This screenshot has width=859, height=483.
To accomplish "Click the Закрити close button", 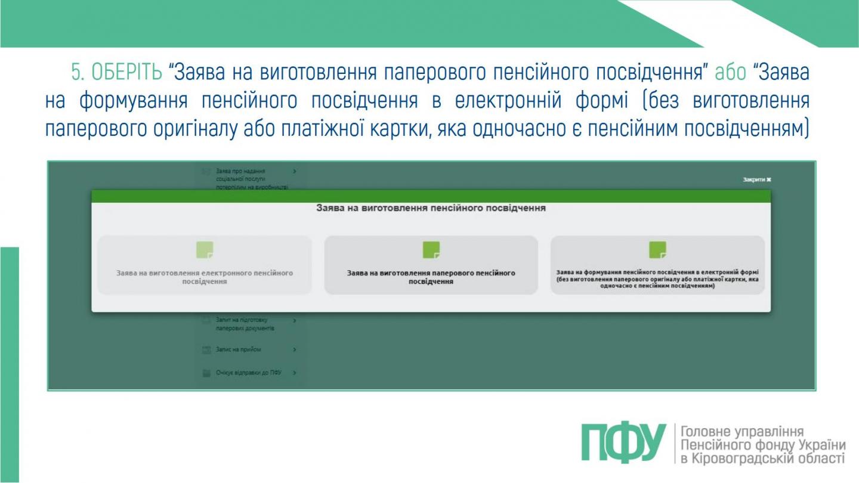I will (757, 179).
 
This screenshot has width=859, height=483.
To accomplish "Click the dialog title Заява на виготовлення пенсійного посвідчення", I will (431, 209).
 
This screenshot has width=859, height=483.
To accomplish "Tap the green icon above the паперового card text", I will (431, 250).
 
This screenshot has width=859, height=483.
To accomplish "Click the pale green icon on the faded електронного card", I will (205, 250).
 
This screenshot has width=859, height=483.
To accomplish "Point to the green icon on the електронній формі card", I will (657, 250).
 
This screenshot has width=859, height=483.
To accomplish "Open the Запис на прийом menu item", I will (238, 349).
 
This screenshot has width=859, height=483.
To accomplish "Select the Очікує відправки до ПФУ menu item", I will (248, 373).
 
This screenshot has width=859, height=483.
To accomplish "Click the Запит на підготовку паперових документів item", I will (245, 324).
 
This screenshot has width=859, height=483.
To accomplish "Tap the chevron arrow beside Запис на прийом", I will (295, 349).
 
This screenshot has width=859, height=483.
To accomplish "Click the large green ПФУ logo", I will (624, 444).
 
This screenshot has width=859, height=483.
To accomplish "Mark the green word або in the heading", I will (730, 73).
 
